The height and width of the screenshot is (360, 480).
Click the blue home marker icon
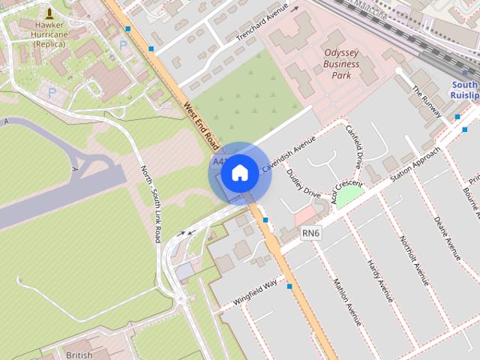click(239, 173)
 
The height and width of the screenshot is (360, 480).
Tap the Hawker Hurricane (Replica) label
click(49, 34)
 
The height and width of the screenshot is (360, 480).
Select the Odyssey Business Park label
click(341, 64)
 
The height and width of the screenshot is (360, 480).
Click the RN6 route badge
click(311, 234)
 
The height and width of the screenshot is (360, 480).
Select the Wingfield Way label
click(255, 291)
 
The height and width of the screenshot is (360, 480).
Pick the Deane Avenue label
click(448, 238)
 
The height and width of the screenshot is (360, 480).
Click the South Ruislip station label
click(464, 90)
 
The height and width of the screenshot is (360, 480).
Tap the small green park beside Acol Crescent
click(349, 196)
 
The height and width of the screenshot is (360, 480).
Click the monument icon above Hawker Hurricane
click(49, 13)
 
